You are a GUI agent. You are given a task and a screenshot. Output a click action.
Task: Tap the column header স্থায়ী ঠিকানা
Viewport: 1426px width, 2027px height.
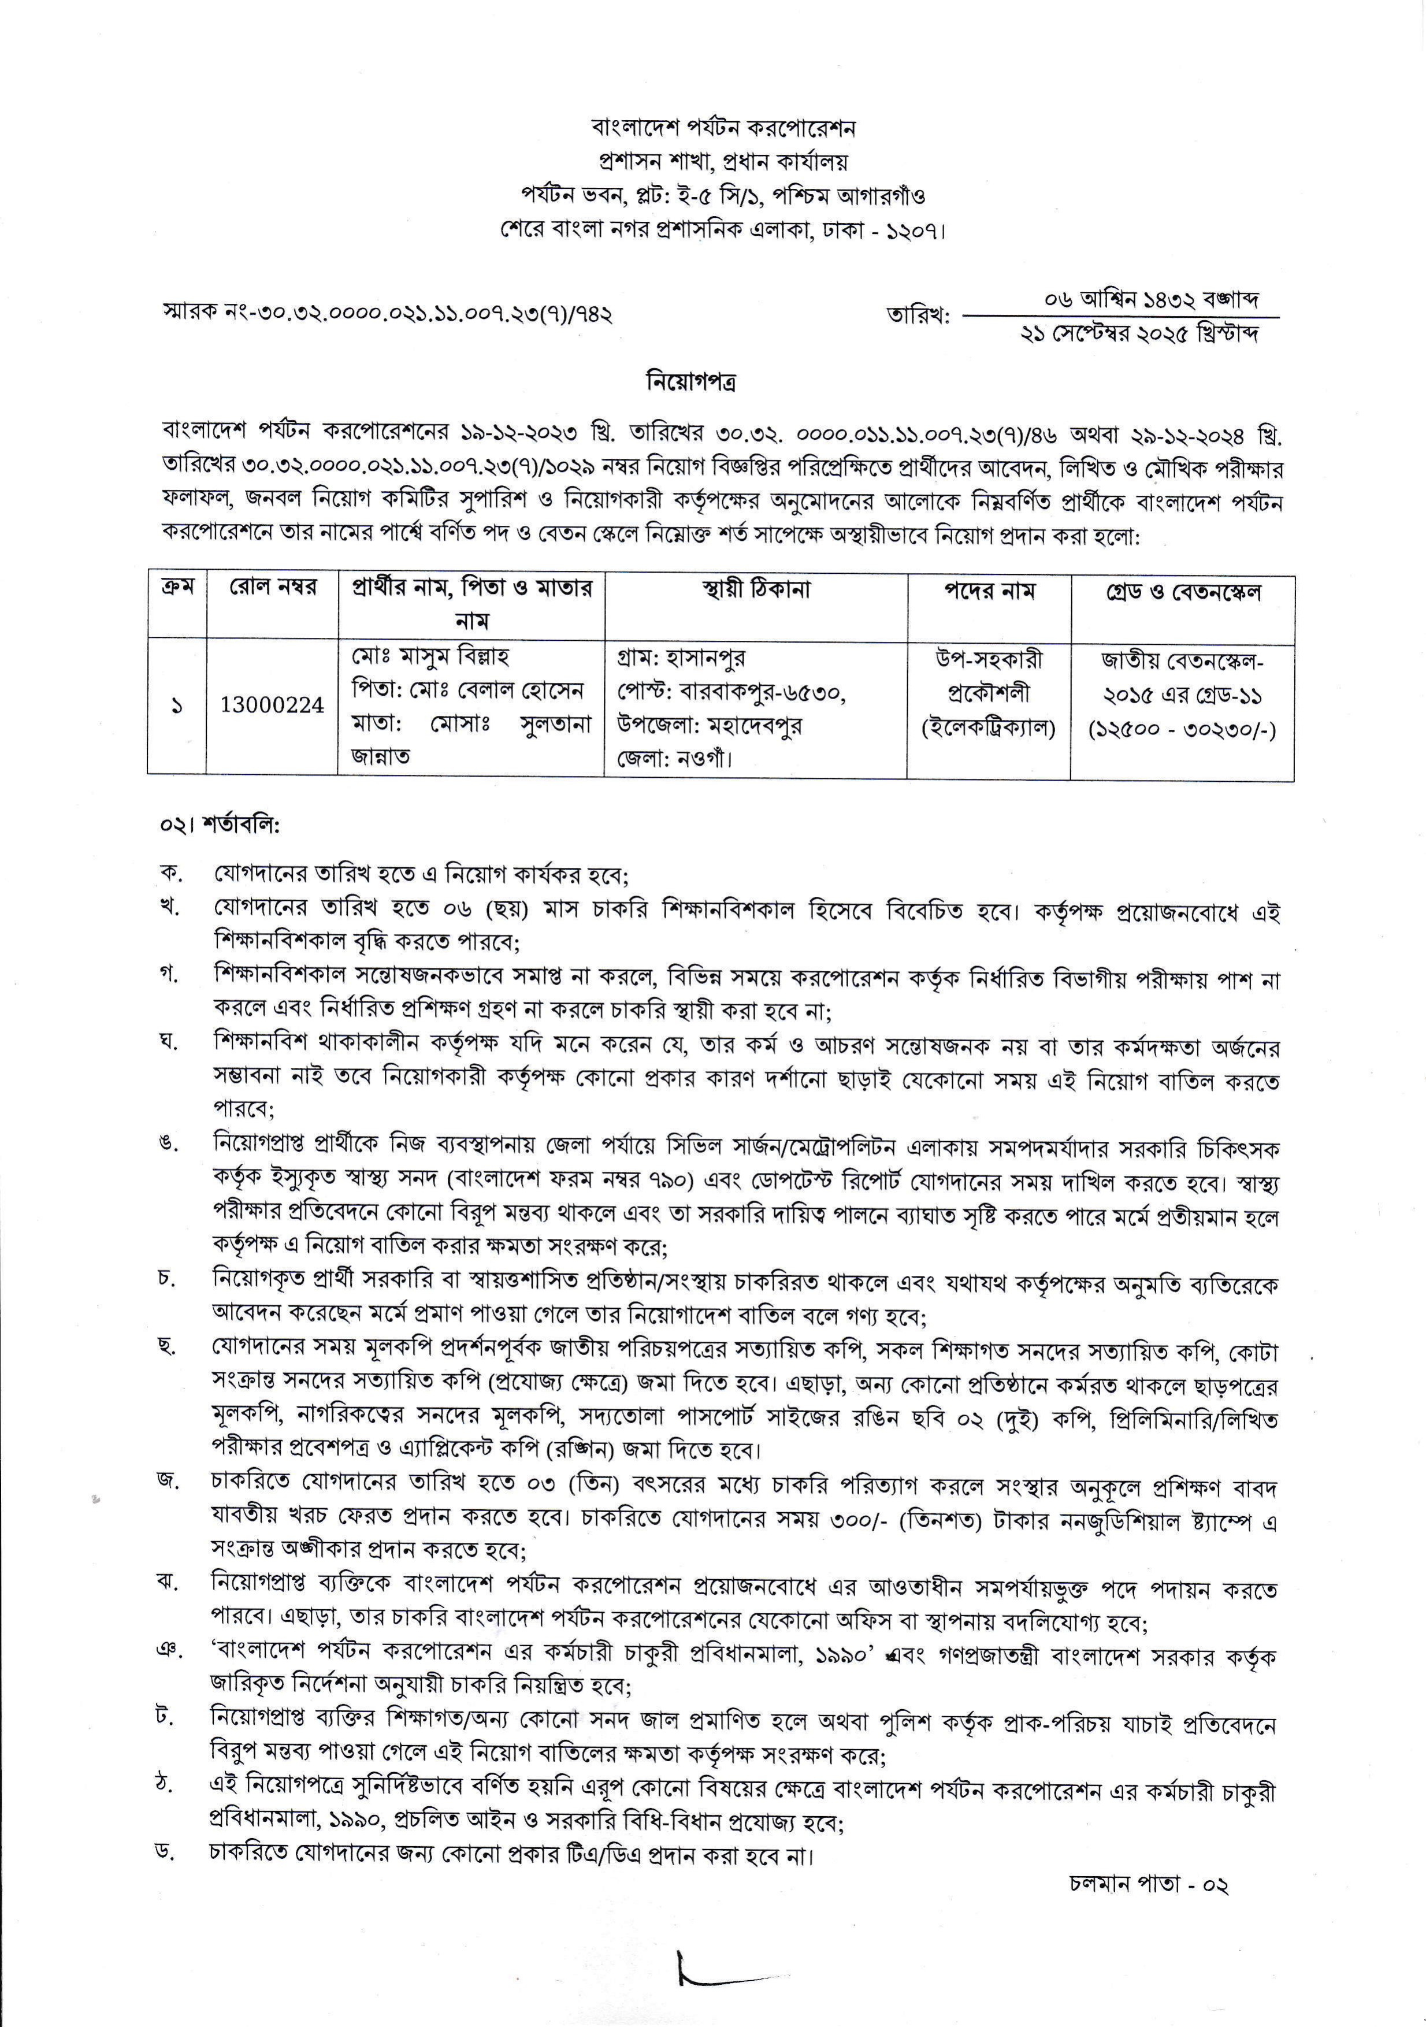pos(756,590)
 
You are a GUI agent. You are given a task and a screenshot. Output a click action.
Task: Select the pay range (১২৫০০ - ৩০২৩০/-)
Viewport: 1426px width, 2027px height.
pos(1182,729)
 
